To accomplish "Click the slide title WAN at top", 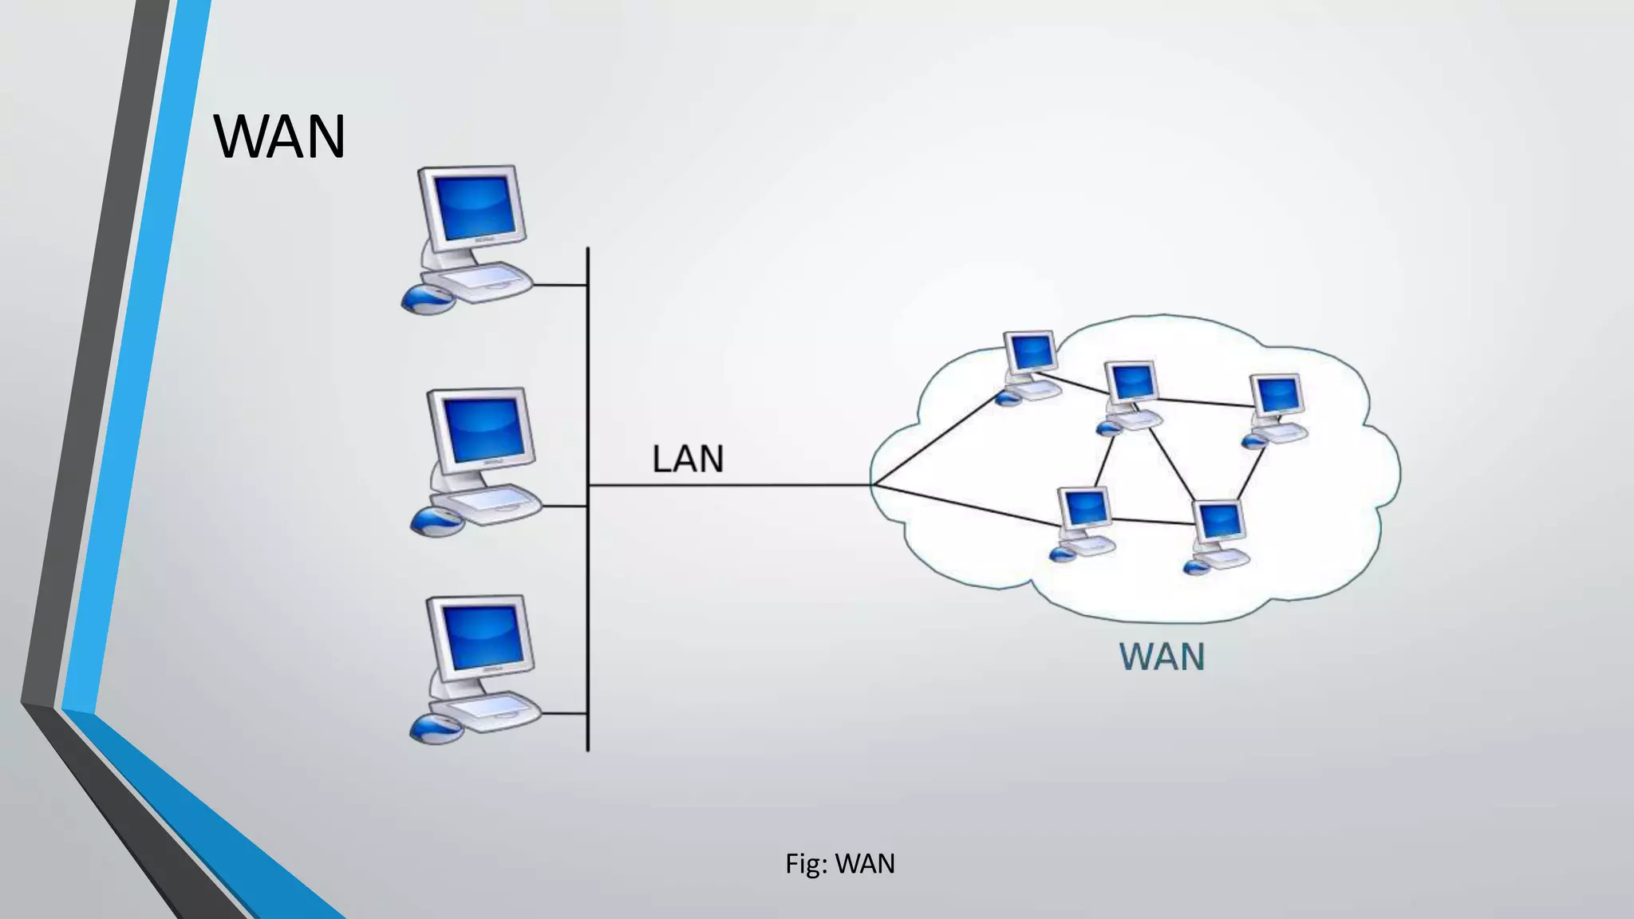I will coord(279,137).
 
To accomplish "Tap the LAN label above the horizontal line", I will coord(688,459).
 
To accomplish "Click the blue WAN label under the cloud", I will coord(1162,657).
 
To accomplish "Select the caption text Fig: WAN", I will coord(839,864).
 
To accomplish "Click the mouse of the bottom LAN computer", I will coord(436,728).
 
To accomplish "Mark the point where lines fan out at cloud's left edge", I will coord(874,484).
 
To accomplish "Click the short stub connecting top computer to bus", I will coord(560,285).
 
